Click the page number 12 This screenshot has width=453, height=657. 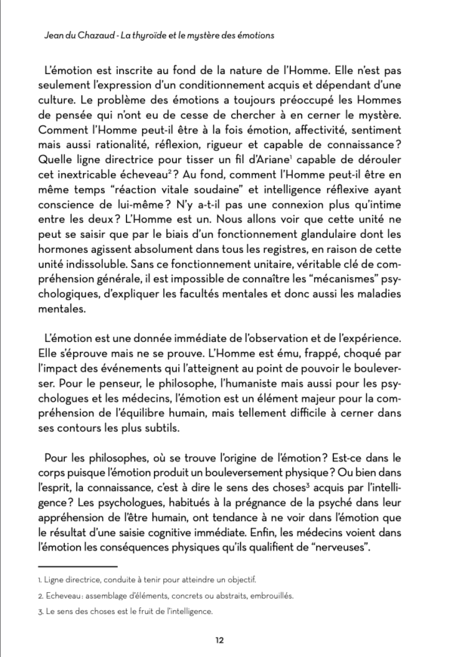(219, 640)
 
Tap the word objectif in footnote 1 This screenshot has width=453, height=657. (241, 580)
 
